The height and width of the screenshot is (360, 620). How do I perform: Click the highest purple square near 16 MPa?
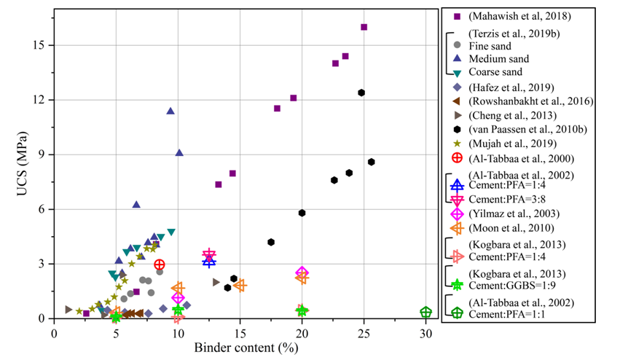364,27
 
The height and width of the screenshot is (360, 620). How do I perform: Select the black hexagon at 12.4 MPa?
361,93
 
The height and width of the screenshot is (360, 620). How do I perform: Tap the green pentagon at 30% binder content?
425,312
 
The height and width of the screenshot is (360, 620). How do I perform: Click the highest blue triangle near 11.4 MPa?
170,111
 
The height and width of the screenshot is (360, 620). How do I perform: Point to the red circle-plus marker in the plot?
160,265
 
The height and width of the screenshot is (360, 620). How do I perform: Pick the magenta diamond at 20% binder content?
302,273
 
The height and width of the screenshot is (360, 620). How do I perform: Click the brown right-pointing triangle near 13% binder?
216,282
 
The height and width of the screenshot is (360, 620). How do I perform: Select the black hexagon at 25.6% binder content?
371,162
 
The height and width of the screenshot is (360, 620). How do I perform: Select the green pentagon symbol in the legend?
457,313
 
